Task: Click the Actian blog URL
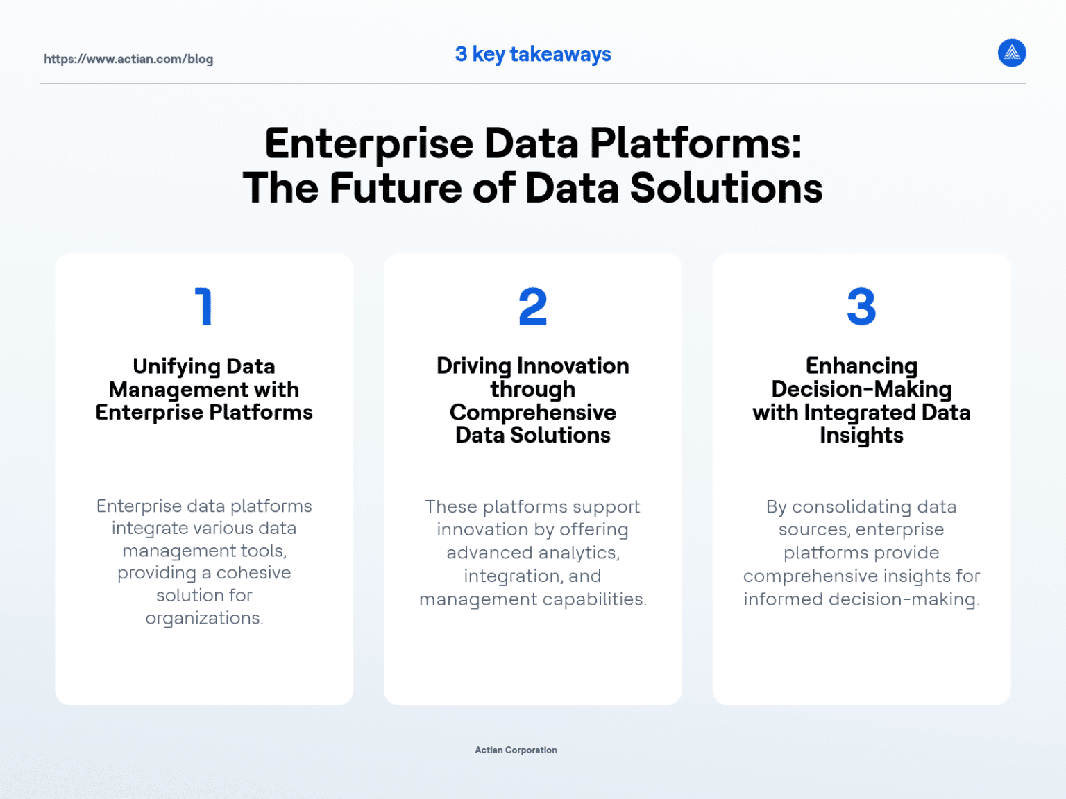[x=128, y=59]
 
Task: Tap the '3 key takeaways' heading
[x=533, y=54]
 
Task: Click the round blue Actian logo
[x=1012, y=53]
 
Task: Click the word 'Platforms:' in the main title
[x=695, y=144]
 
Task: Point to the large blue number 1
[x=203, y=307]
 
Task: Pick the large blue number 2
[x=533, y=307]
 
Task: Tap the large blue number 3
[x=861, y=307]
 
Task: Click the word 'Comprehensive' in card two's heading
[x=533, y=412]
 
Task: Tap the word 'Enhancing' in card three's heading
[x=861, y=366]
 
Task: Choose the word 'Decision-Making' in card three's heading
[x=861, y=389]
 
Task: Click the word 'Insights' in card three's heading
[x=861, y=436]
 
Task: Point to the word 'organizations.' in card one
[x=204, y=618]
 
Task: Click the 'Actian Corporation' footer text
[x=516, y=750]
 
